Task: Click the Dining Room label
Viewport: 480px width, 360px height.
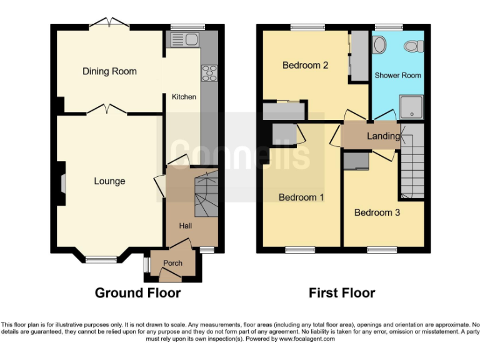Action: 109,71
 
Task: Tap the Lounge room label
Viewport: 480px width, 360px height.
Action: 109,181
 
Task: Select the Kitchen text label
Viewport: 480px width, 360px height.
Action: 184,97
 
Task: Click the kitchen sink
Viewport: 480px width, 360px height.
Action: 184,41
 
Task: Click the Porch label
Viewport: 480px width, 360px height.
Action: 172,263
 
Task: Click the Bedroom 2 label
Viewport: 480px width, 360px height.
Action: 306,65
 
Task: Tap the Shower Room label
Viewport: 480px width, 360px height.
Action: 397,75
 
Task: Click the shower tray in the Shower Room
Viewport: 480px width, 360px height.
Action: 411,107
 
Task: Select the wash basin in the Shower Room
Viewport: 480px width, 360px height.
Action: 379,45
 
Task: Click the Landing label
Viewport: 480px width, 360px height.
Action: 383,136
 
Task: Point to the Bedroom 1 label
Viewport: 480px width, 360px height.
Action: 301,197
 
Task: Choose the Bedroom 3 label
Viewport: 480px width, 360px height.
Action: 377,212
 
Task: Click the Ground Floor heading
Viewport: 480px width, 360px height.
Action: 137,292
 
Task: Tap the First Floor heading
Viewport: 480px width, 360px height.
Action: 342,292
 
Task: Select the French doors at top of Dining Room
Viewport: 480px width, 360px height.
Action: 109,24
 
